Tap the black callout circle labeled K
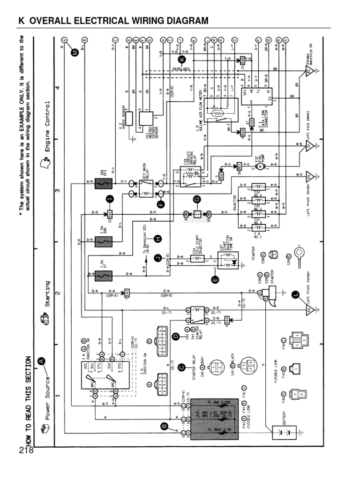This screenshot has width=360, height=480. coord(182,59)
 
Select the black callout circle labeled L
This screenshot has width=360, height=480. coord(295,294)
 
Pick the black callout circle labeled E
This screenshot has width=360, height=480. coord(215,280)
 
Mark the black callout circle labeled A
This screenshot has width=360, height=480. coord(41,360)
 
